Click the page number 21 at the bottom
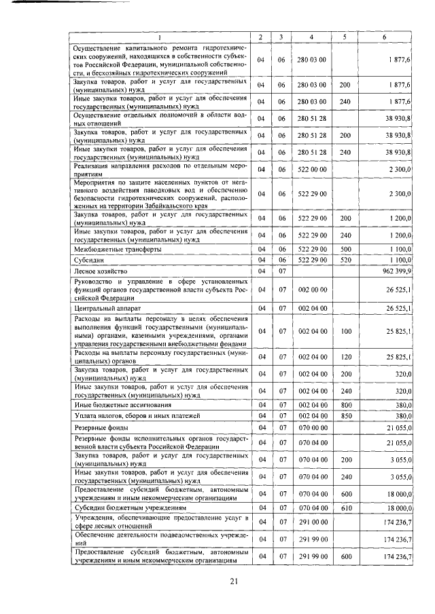point(234,581)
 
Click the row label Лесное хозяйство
point(100,271)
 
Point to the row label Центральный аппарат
point(104,309)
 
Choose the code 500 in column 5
point(345,250)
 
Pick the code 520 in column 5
point(345,260)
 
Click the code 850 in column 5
point(345,416)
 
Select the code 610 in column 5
point(345,507)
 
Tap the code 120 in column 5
point(345,357)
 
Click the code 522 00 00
point(311,169)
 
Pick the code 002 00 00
point(311,290)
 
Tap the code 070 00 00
point(311,429)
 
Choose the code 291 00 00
point(311,522)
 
